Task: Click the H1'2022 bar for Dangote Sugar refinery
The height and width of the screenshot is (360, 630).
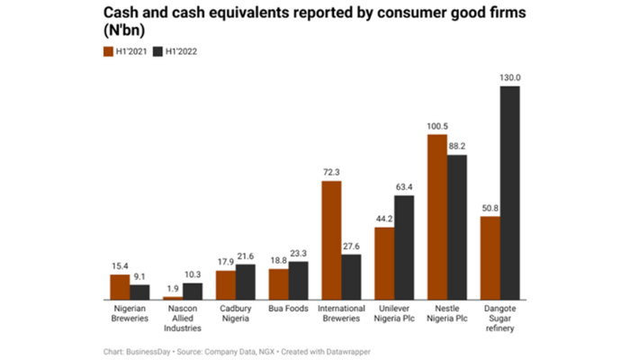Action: click(x=510, y=193)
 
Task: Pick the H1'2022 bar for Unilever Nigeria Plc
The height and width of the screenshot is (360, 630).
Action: click(x=405, y=247)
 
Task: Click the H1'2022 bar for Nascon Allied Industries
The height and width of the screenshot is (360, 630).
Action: click(x=193, y=291)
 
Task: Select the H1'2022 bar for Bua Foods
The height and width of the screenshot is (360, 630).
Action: click(x=299, y=280)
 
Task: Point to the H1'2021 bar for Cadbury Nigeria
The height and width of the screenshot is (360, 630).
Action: click(x=225, y=284)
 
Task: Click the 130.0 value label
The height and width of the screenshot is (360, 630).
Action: click(x=510, y=78)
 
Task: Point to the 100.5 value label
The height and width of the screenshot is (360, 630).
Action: click(x=437, y=126)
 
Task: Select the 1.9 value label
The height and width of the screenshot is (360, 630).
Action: click(x=172, y=288)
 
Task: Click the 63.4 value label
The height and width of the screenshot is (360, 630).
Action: click(x=405, y=187)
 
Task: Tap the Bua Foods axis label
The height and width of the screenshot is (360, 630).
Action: click(x=288, y=309)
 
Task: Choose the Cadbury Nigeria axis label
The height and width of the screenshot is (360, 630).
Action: click(x=235, y=313)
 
